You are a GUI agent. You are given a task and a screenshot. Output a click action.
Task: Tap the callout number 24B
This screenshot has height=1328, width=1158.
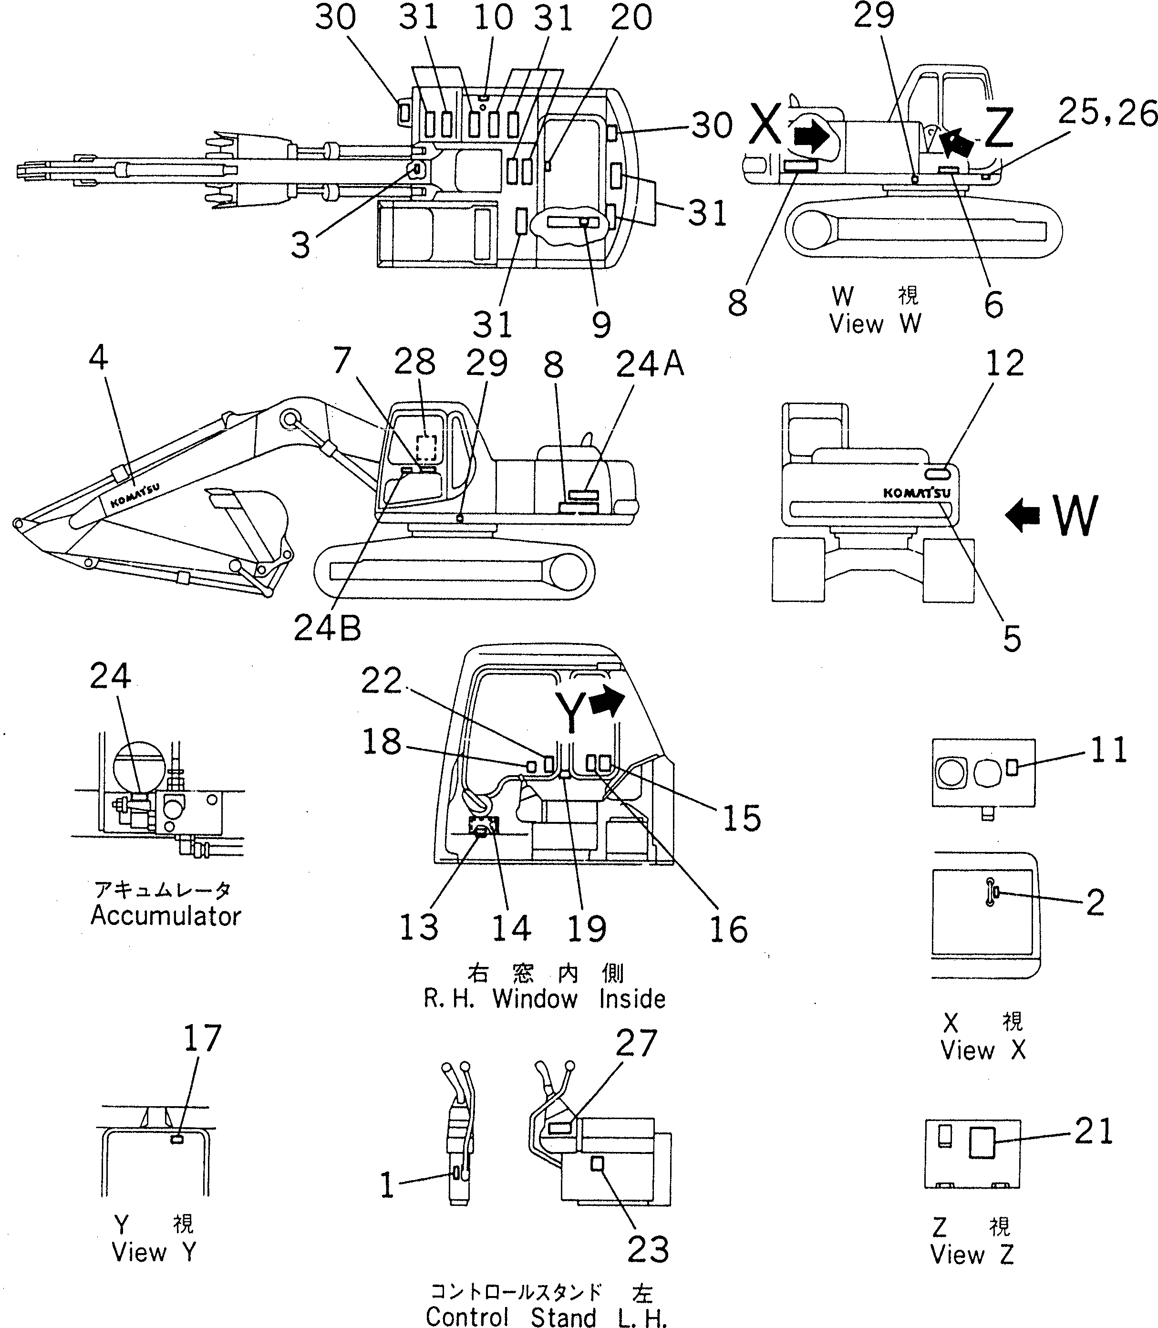point(327,627)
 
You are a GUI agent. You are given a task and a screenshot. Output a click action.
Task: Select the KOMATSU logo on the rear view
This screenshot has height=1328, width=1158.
point(916,492)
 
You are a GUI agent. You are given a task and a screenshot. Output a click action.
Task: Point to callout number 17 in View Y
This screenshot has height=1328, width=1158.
point(202,1038)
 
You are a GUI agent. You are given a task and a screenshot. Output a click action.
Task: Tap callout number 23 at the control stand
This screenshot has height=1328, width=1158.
point(648,1250)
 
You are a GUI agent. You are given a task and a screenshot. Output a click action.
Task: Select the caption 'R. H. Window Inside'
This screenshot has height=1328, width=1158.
point(544,998)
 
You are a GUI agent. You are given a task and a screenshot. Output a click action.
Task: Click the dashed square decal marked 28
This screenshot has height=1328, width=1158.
point(426,447)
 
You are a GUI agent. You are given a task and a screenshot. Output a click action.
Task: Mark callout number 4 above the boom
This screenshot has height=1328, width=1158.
point(98,357)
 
